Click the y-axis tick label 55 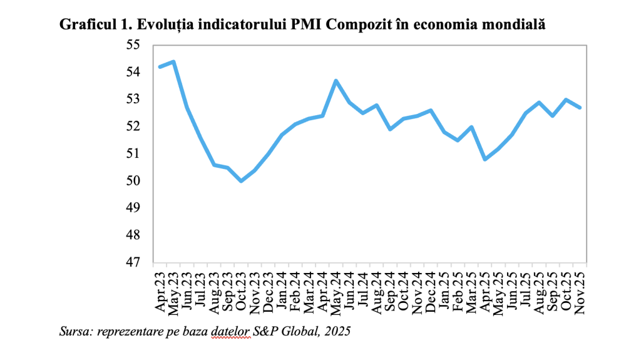pyautogui.click(x=135, y=45)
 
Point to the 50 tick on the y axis pyautogui.click(x=135, y=181)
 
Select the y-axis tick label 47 pyautogui.click(x=135, y=262)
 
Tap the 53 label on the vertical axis pyautogui.click(x=135, y=100)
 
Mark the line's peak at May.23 pyautogui.click(x=173, y=61)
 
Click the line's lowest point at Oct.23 pyautogui.click(x=241, y=181)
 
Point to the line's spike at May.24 pyautogui.click(x=336, y=80)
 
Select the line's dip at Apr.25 pyautogui.click(x=485, y=159)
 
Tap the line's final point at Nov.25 pyautogui.click(x=580, y=108)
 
